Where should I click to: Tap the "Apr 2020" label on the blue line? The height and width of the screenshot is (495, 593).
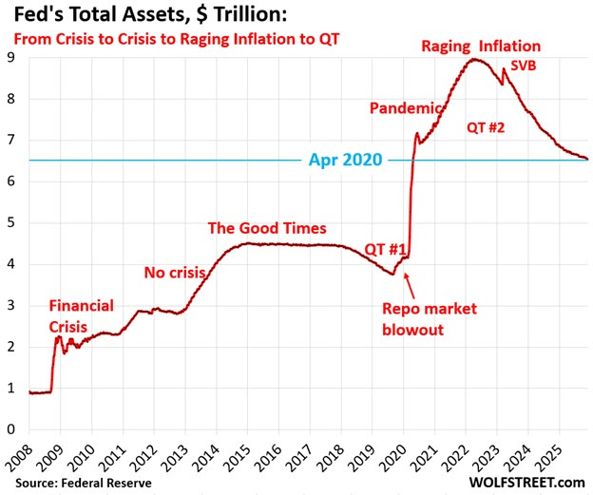pos(344,160)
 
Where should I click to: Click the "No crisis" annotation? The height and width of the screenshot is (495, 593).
pos(175,273)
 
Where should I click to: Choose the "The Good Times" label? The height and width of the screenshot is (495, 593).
pos(267,228)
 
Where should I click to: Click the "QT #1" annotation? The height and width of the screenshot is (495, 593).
pos(386,249)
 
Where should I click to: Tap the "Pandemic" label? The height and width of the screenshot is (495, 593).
pos(406,107)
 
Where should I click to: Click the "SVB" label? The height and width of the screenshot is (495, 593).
pos(524,67)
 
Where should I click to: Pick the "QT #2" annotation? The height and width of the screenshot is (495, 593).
pos(487,126)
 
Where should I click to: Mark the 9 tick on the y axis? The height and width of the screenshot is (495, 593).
pos(11,59)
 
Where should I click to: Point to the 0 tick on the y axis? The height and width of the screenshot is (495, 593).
pos(11,428)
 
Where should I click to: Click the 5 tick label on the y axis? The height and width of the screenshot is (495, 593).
pos(11,223)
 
